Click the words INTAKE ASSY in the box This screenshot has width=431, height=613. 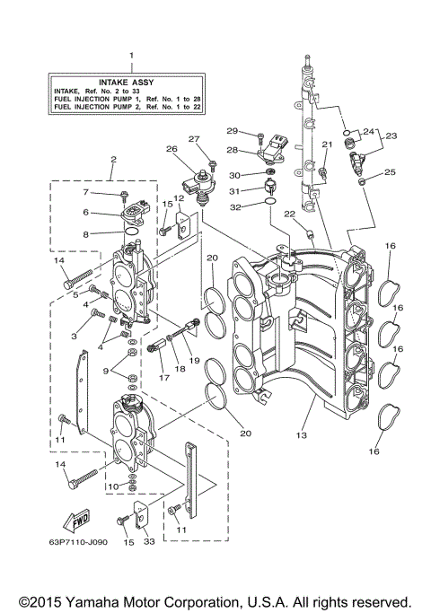point(131,81)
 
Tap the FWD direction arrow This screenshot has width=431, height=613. point(71,521)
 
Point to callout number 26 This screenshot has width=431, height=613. point(172,148)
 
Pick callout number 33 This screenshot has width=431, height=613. point(148,542)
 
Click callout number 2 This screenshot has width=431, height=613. point(113,162)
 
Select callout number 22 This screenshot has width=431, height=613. point(289,213)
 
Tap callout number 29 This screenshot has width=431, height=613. point(232,132)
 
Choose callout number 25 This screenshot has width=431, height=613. point(389,171)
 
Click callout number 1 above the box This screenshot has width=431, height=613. point(131,57)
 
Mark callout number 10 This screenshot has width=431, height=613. point(110,486)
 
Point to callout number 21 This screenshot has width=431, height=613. point(327,144)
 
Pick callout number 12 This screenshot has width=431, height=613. point(179,198)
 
